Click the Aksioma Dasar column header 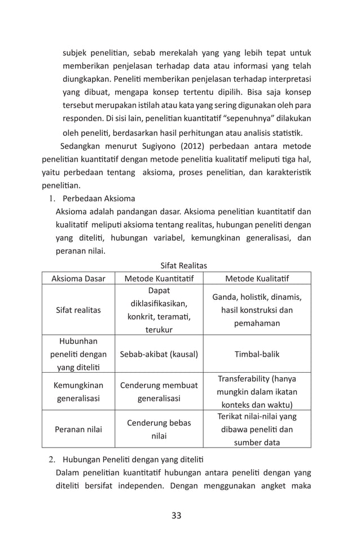[x=78, y=278]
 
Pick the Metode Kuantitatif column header [x=159, y=278]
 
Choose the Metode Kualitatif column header [x=257, y=278]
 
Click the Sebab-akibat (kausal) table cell [x=159, y=354]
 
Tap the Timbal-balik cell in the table [x=257, y=354]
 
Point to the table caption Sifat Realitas [x=183, y=265]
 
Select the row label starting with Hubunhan [x=78, y=354]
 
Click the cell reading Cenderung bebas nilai [x=159, y=429]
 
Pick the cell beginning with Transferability [x=257, y=391]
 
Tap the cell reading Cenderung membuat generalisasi [x=159, y=392]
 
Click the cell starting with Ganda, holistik [x=257, y=310]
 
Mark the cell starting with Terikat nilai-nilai [x=257, y=429]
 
